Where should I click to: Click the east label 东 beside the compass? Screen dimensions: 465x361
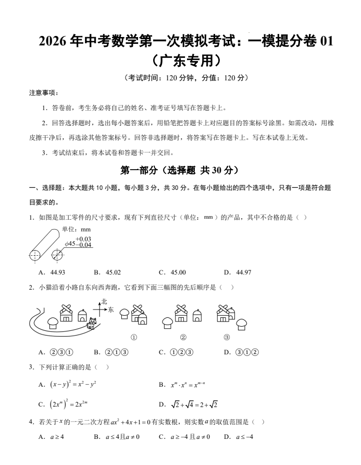[111, 309]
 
